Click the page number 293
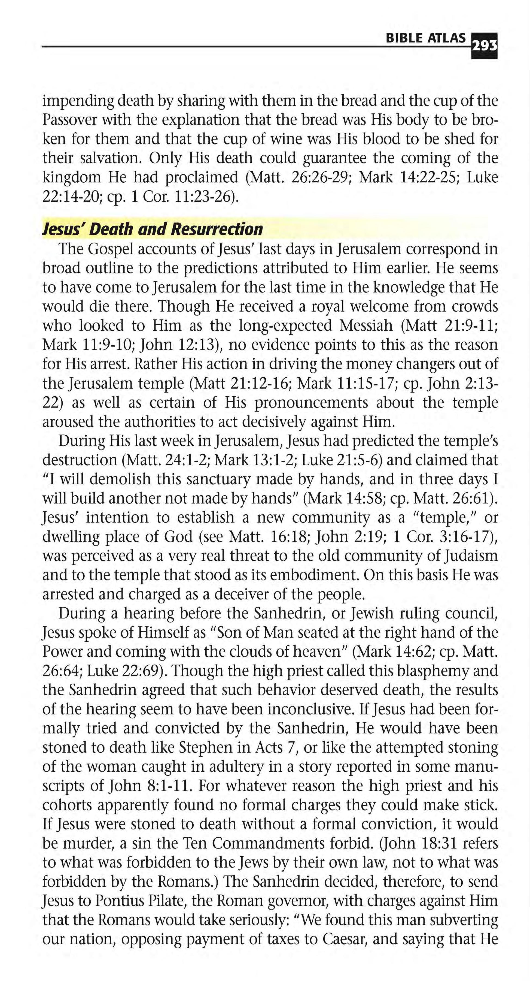tap(484, 46)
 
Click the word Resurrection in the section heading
tap(217, 229)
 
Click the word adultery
tap(234, 766)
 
